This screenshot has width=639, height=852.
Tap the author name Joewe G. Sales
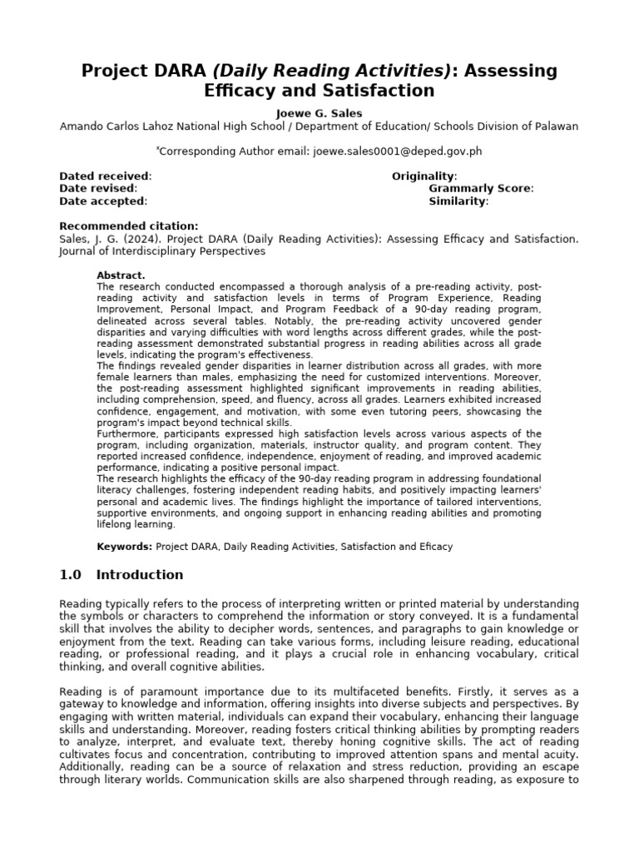click(x=319, y=113)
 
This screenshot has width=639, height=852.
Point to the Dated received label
click(x=105, y=176)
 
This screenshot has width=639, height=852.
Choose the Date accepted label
click(x=103, y=201)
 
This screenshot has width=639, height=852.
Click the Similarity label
click(x=458, y=201)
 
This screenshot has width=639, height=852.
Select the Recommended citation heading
click(x=129, y=225)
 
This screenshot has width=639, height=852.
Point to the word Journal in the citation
click(x=81, y=250)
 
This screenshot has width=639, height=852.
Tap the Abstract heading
click(x=121, y=275)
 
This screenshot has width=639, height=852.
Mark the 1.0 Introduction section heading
click(x=121, y=575)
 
